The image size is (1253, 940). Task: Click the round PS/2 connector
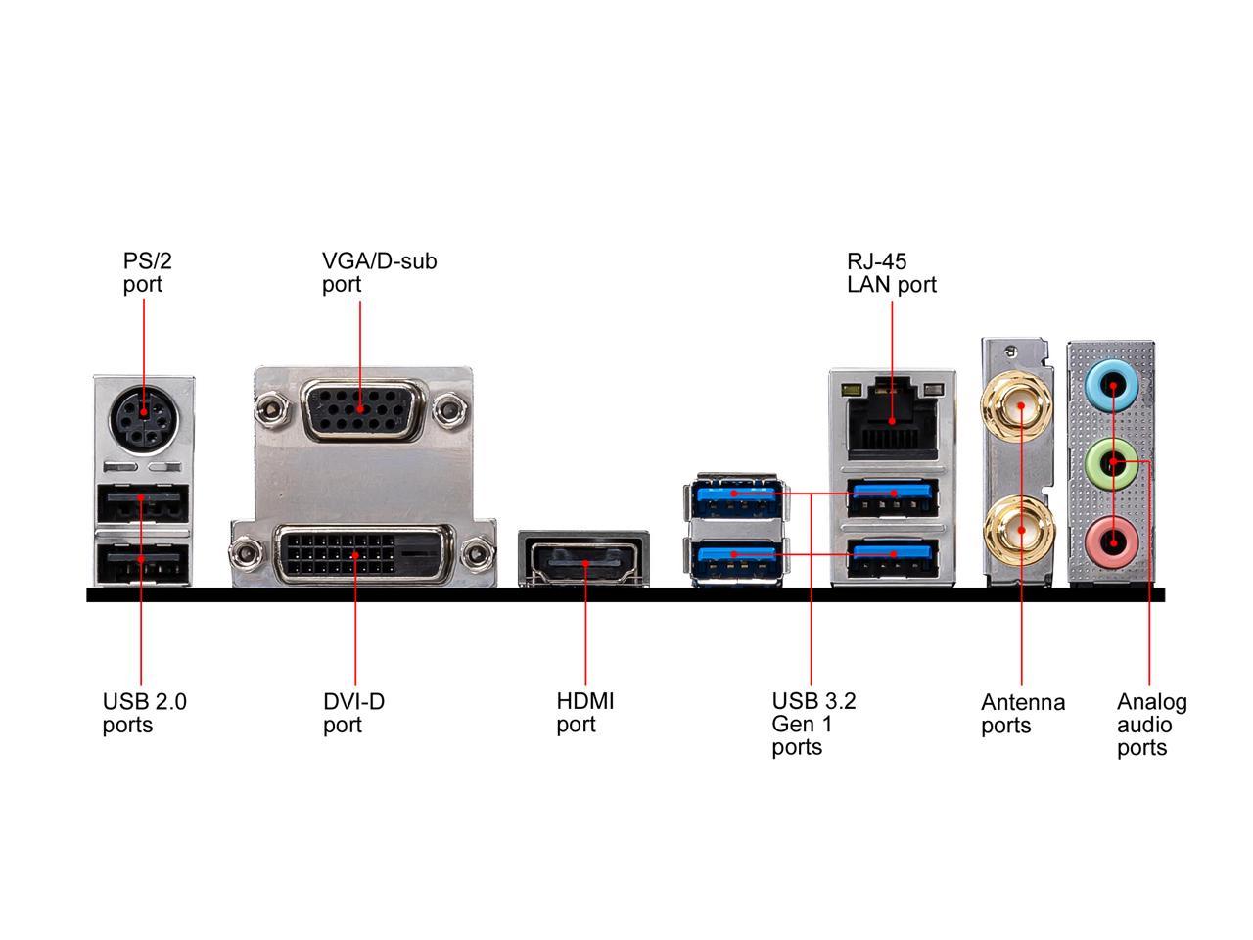point(144,419)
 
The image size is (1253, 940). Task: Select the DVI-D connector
point(354,554)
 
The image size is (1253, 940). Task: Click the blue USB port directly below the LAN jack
point(892,497)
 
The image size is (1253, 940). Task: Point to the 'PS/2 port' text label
point(141,272)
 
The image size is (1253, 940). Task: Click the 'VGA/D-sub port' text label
point(379,272)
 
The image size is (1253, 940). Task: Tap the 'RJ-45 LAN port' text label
point(891,272)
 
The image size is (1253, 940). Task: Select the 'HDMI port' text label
point(584,713)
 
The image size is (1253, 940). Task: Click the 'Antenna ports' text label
point(1022,714)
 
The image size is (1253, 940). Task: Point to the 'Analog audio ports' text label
point(1151,725)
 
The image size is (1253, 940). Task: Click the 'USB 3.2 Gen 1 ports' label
point(812,725)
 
